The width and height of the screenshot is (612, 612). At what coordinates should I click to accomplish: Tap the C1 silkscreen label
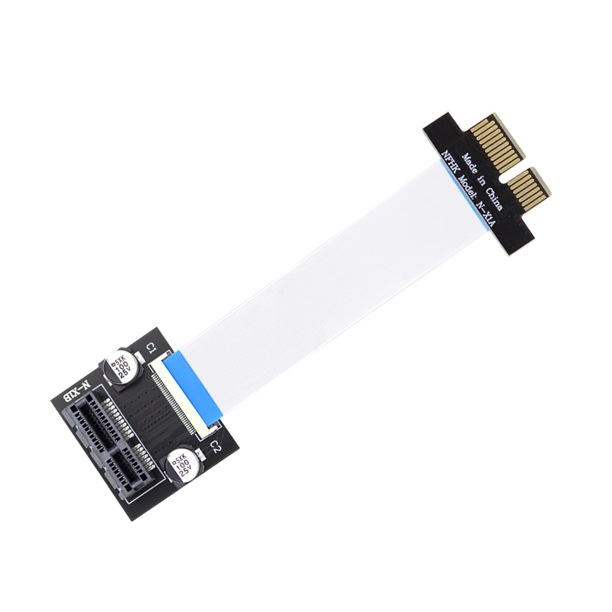coord(150,349)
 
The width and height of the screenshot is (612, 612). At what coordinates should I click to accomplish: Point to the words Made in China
coord(482,182)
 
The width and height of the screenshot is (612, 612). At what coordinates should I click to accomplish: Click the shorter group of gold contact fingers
coord(529,190)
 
